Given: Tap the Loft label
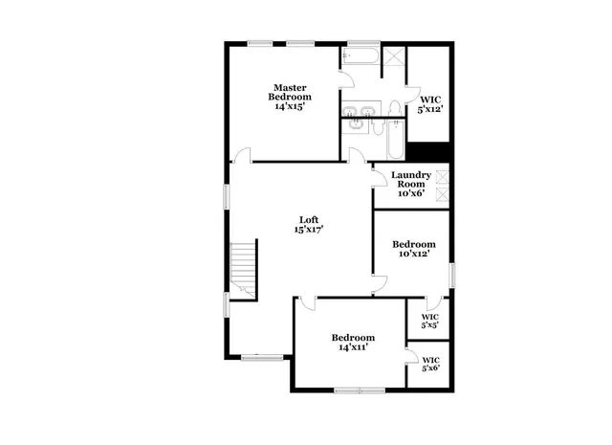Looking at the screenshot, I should tap(308, 217).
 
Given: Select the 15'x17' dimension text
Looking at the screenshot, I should tap(308, 229).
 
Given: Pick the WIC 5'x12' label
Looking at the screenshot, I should tap(428, 104).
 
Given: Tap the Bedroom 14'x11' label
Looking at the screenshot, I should tap(353, 343).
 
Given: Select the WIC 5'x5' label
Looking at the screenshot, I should tap(430, 321).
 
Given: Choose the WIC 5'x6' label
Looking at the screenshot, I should tap(430, 365).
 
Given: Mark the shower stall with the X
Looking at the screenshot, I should tap(391, 60).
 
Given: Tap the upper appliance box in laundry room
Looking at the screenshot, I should tap(442, 177).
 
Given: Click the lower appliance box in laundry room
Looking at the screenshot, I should tap(442, 193).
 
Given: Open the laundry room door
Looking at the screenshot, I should tap(379, 172).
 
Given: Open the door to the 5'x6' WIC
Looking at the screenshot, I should tap(413, 360).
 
